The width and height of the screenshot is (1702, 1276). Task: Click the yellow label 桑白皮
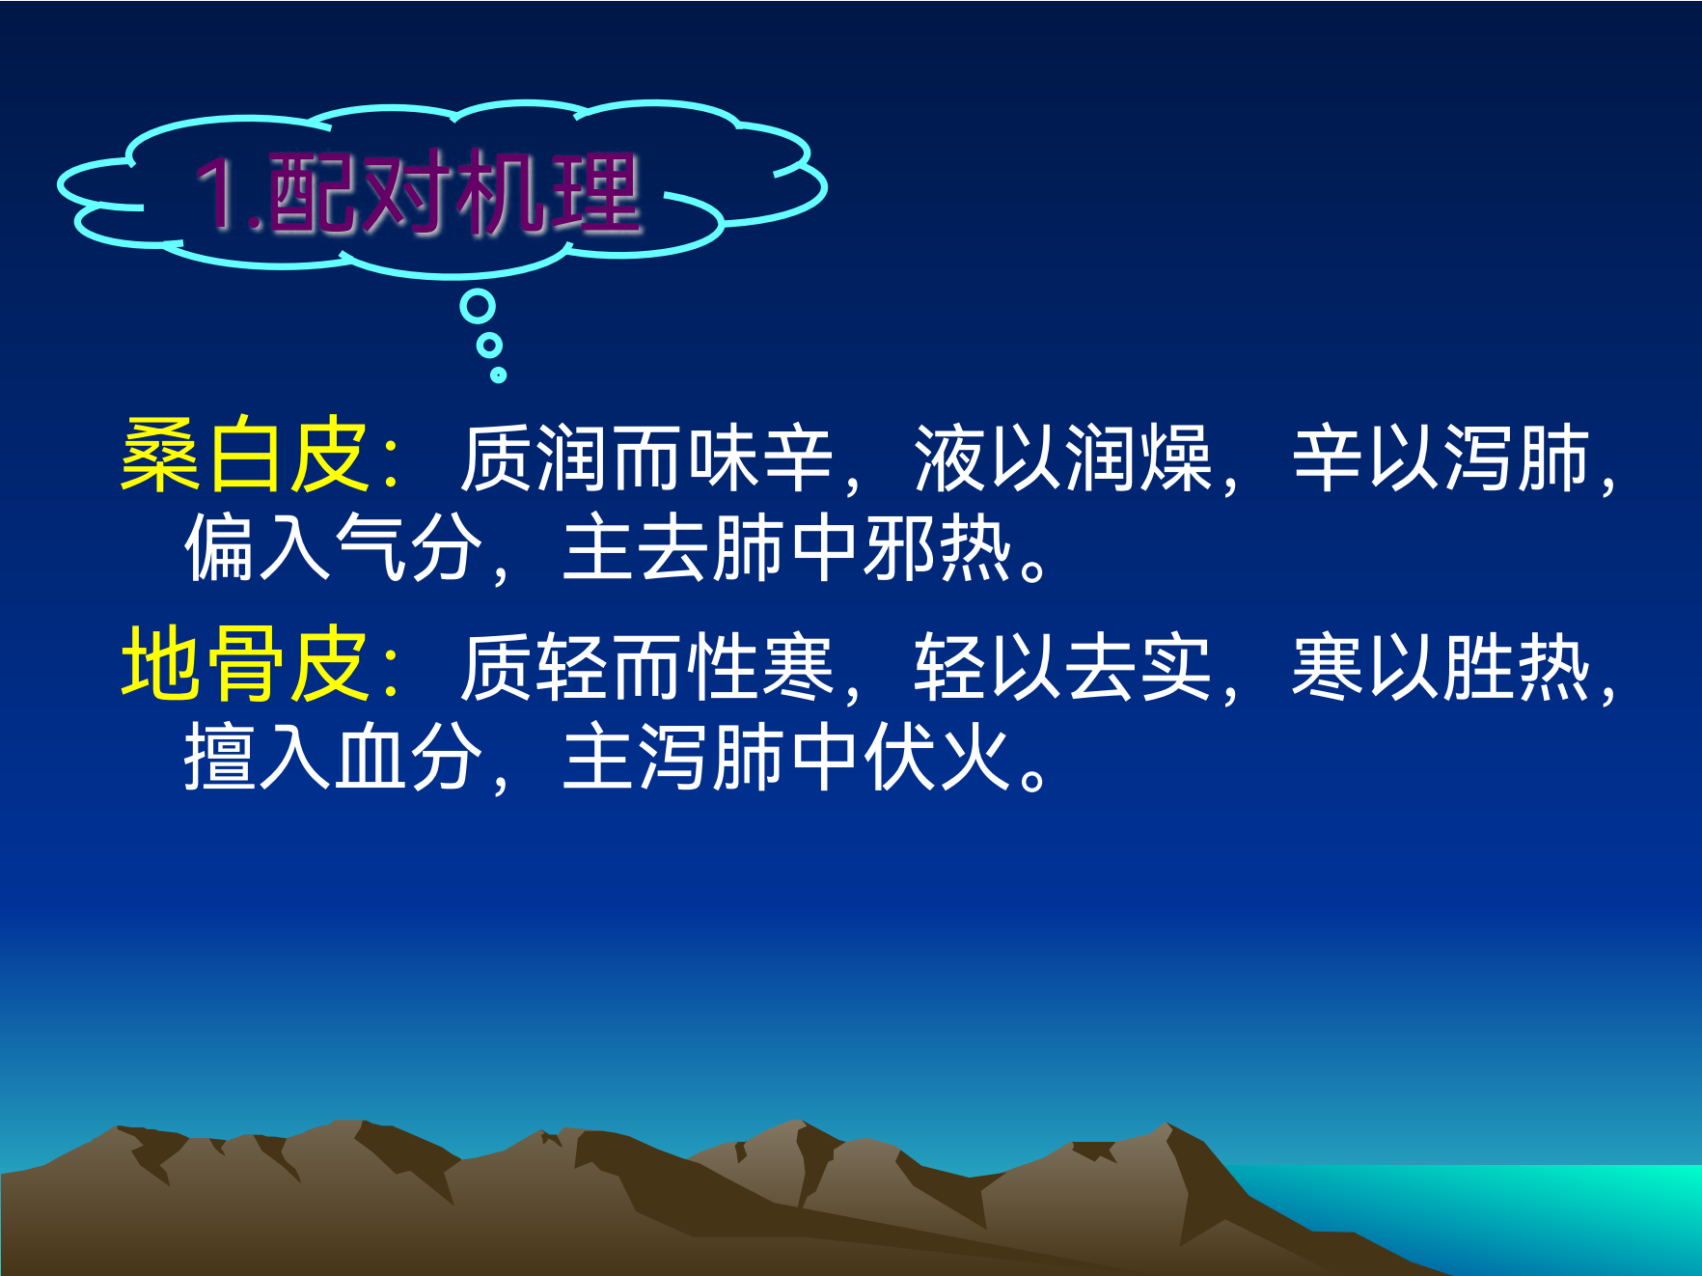click(x=244, y=456)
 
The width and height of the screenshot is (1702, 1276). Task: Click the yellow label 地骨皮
click(x=244, y=664)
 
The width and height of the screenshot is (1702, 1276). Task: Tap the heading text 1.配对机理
click(x=418, y=193)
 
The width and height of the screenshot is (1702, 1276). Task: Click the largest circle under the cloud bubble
click(x=478, y=307)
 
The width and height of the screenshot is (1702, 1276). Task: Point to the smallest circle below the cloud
click(x=498, y=374)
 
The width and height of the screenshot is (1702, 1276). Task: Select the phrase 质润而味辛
click(x=646, y=458)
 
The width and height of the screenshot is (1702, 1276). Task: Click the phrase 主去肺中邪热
click(x=787, y=547)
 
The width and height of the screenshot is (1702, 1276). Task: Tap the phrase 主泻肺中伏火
click(x=787, y=757)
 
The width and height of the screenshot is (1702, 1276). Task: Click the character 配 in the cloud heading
click(x=313, y=193)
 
